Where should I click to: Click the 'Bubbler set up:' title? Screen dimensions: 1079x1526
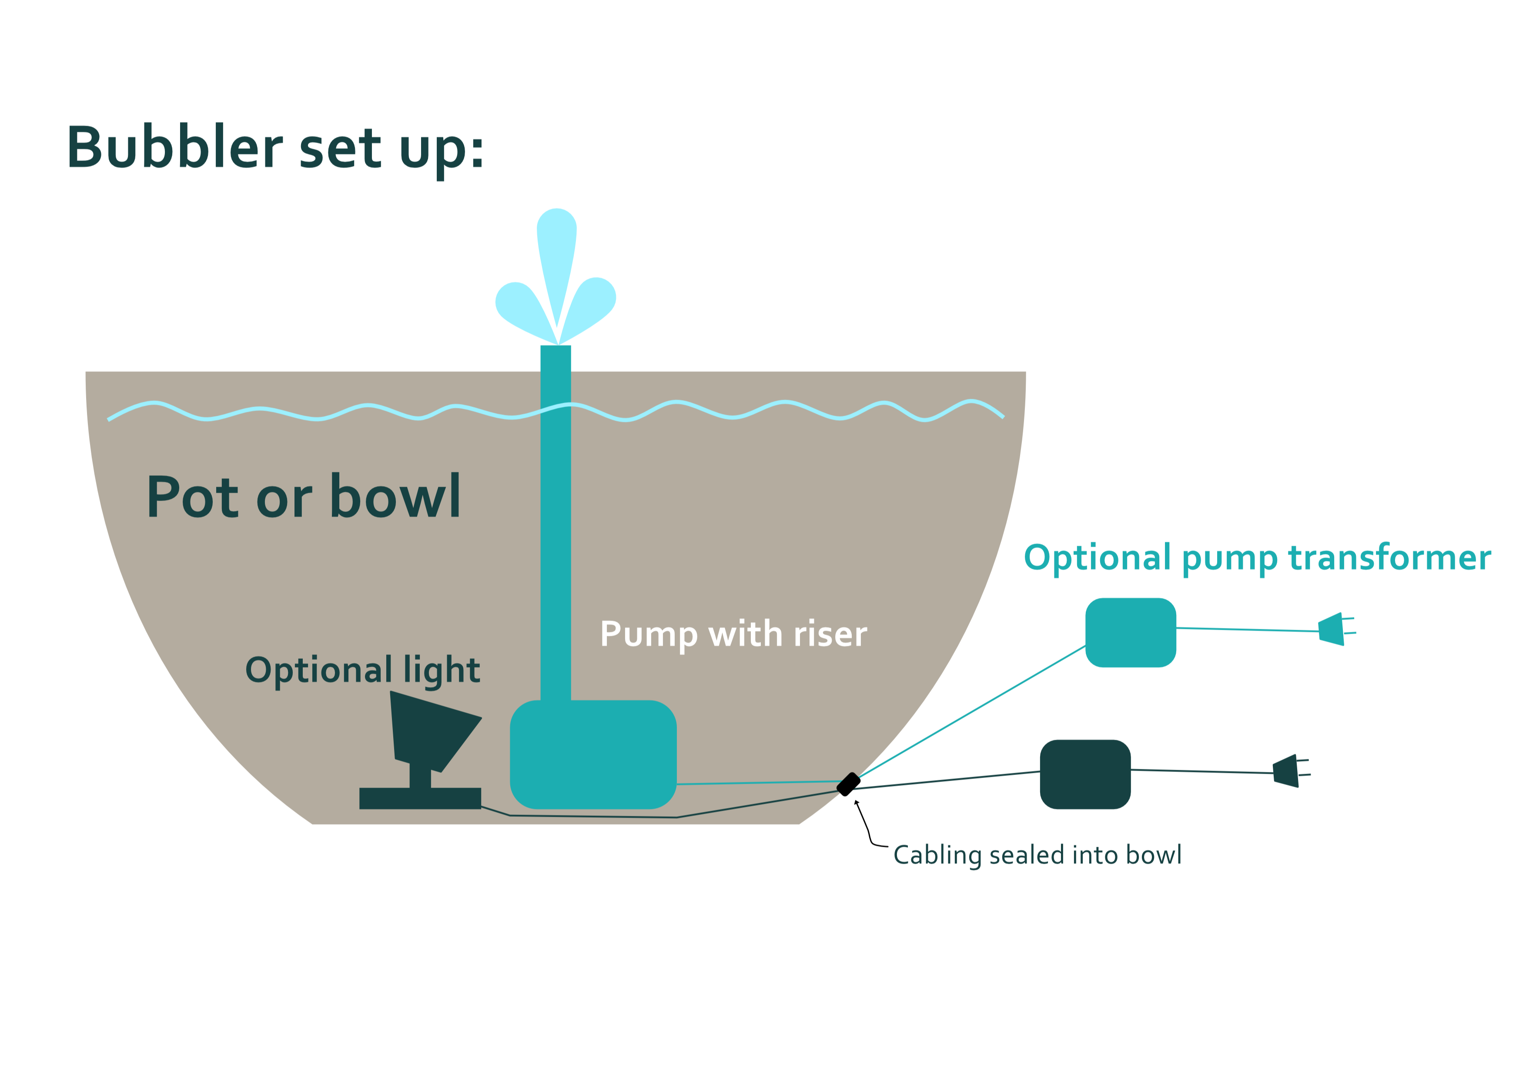(275, 147)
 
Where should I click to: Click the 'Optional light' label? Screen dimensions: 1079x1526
(362, 670)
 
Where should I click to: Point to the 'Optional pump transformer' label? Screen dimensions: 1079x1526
(1257, 558)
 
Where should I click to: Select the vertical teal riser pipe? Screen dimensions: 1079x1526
(556, 531)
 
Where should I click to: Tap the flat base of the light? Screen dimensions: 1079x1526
(420, 798)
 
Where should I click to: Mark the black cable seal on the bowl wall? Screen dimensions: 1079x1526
(848, 784)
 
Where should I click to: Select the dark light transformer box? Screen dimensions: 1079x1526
(1084, 774)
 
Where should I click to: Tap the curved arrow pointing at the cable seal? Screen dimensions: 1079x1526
(867, 827)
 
